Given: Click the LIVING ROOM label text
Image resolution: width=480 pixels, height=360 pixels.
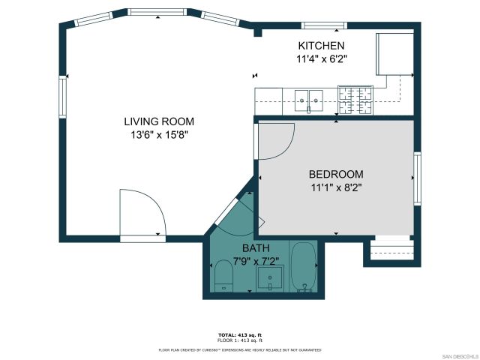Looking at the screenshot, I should click(159, 121).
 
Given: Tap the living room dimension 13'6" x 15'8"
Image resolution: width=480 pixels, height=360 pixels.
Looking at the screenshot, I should click(159, 136).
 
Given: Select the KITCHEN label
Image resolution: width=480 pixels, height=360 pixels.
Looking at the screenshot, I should click(321, 46).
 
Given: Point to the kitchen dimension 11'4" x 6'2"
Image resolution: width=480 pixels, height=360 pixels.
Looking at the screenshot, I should click(321, 58).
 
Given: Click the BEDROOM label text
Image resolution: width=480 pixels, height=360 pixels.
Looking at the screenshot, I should click(336, 174).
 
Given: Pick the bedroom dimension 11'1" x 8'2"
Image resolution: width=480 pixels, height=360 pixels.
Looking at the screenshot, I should click(336, 188).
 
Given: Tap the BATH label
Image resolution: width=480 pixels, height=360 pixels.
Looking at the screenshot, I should click(255, 248).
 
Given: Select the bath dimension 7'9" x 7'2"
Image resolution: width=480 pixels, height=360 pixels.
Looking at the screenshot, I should click(255, 261).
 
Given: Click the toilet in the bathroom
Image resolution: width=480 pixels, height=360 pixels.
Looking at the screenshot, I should click(224, 276).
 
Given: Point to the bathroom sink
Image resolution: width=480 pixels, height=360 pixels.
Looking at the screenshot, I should click(270, 279).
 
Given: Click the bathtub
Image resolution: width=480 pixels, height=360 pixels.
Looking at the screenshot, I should click(304, 268).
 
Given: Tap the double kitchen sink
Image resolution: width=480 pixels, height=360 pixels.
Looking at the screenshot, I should click(308, 97).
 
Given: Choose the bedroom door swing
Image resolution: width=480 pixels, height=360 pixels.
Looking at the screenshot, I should click(274, 140).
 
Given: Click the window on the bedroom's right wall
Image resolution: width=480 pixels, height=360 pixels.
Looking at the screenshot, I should click(417, 178).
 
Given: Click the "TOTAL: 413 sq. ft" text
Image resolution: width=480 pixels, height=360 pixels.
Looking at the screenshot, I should click(239, 334).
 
